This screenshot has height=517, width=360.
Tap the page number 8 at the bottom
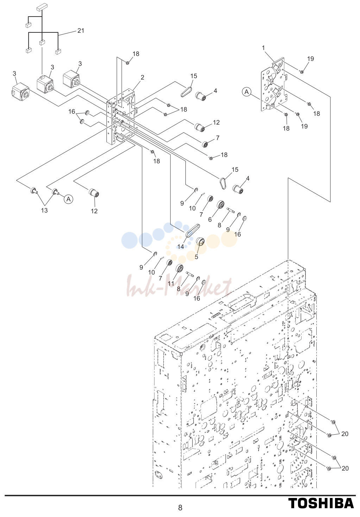(x=180, y=507)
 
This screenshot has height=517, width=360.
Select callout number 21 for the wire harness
(x=81, y=31)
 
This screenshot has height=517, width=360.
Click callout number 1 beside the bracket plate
(x=263, y=48)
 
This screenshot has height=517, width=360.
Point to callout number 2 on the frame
(x=143, y=77)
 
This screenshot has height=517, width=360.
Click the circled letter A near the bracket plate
(x=247, y=92)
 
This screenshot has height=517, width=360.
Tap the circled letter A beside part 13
(x=69, y=199)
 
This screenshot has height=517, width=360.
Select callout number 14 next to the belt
(x=181, y=246)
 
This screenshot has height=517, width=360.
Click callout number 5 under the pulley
(x=196, y=257)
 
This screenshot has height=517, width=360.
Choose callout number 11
(x=171, y=283)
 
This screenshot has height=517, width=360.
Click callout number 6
(x=210, y=219)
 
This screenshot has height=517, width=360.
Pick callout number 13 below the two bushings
(x=44, y=210)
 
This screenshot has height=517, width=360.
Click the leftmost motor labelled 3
(x=20, y=92)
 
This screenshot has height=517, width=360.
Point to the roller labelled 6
(x=221, y=204)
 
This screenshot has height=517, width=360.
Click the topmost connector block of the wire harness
(x=42, y=8)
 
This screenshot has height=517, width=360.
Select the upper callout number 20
(x=345, y=434)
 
